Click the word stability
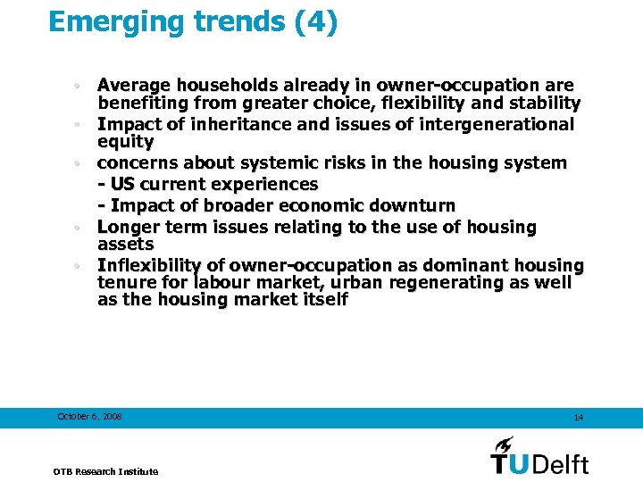pos(545,104)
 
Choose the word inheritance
pos(240,124)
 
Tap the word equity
pos(125,141)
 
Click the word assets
pos(125,245)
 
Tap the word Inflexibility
pos(159,266)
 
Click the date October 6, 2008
pos(89,417)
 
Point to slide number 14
pos(579,418)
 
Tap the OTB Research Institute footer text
pos(105,470)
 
